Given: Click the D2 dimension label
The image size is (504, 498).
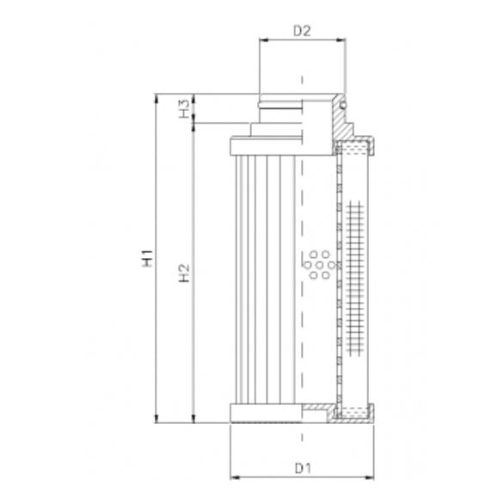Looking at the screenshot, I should (x=301, y=32).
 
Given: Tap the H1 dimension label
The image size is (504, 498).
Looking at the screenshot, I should (x=148, y=257).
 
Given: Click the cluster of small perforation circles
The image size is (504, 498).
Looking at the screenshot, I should (x=317, y=263).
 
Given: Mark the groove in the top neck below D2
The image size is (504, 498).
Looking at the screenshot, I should (x=280, y=108).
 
